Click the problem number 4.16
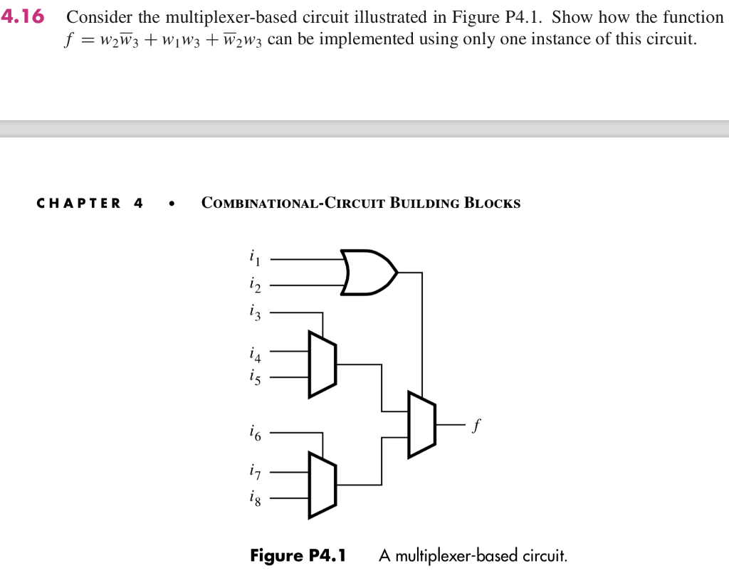click(x=23, y=17)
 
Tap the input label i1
click(x=254, y=257)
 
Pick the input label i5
click(x=254, y=377)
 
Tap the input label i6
click(x=254, y=431)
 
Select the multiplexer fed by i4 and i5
click(x=322, y=364)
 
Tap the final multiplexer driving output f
click(x=421, y=424)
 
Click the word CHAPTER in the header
click(x=79, y=204)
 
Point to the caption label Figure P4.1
click(x=298, y=555)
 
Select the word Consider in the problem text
click(x=100, y=17)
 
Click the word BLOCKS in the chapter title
click(x=492, y=204)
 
